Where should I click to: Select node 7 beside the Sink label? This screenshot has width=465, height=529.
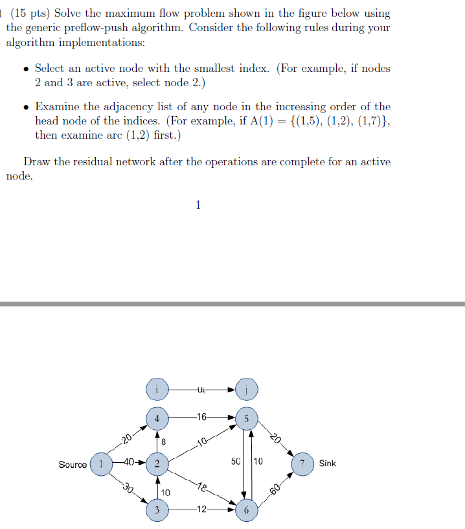click(x=302, y=464)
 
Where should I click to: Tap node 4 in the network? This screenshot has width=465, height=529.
click(x=157, y=418)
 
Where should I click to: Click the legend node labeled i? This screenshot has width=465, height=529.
click(x=157, y=390)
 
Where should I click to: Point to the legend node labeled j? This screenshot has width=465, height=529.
click(x=247, y=390)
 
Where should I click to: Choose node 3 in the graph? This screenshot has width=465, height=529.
click(x=157, y=510)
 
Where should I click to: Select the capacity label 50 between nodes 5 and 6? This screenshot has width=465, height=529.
click(x=236, y=462)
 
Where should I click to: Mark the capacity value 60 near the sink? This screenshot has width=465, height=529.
click(x=275, y=489)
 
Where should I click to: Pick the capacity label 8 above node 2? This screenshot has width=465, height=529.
click(x=164, y=441)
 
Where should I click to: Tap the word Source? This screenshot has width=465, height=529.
click(x=72, y=464)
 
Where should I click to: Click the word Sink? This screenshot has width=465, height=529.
click(x=328, y=464)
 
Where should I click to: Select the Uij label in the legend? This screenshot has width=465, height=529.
click(x=201, y=390)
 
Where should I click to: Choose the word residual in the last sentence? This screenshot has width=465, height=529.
click(x=112, y=161)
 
